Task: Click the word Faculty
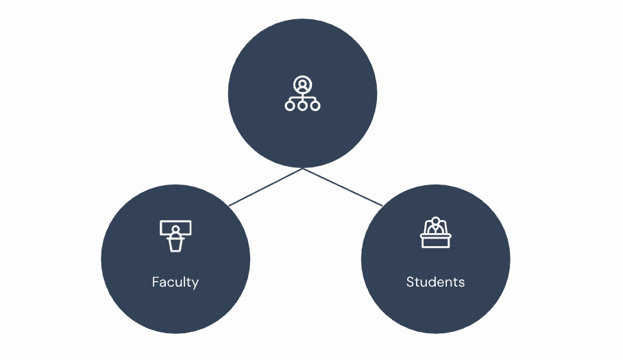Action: click(175, 282)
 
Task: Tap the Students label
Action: click(435, 282)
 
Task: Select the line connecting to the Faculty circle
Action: click(266, 187)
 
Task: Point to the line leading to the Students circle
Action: click(343, 187)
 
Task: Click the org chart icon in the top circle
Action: click(302, 94)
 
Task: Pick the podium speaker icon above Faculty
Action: click(175, 236)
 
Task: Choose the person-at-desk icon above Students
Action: click(435, 232)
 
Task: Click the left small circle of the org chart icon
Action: click(290, 106)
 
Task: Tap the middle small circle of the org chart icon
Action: click(302, 106)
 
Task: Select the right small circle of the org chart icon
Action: click(315, 106)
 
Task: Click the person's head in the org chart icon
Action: click(302, 83)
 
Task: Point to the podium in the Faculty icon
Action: click(175, 243)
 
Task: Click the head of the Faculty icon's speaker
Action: click(175, 230)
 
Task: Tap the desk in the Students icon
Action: click(435, 241)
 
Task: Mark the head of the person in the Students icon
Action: click(435, 221)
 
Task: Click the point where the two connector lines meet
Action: click(303, 169)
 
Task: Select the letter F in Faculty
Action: click(156, 282)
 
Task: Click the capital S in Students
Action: click(410, 282)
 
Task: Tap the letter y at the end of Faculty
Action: click(195, 283)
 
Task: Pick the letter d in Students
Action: click(433, 282)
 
